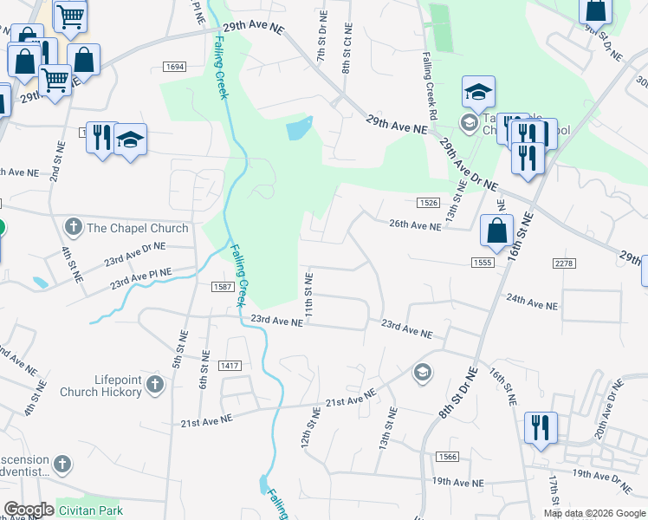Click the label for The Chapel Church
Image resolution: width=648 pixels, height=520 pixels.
137,228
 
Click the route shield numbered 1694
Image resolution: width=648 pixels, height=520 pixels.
174,67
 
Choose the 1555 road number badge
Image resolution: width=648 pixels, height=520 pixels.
483,262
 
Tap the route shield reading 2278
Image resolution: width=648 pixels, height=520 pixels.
563,262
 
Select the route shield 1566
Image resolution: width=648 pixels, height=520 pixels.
447,457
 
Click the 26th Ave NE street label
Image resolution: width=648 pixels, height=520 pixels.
415,224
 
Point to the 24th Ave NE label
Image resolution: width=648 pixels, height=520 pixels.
533,301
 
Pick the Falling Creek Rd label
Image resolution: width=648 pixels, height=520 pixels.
428,84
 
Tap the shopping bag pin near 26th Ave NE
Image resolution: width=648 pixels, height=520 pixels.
496,231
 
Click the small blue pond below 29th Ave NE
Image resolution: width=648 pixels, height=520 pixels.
297,130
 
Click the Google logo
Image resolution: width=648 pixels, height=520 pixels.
29,510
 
